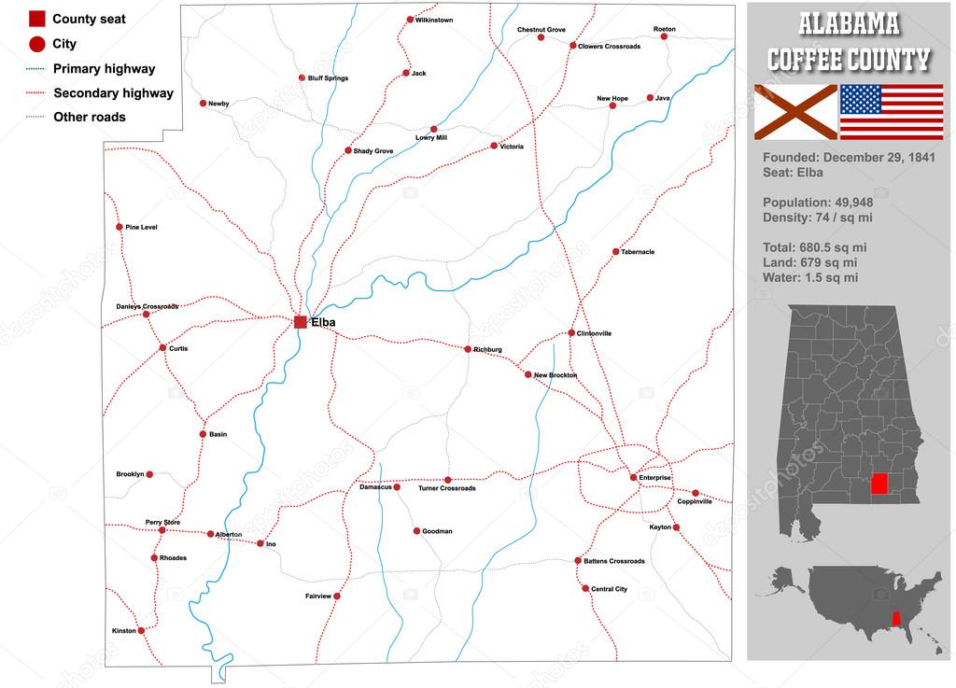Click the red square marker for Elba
point(301,322)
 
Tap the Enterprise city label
point(654,478)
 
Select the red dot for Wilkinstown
point(410,20)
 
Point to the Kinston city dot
point(141,631)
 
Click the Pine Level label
point(141,228)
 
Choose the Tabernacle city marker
point(615,252)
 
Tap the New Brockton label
point(555,375)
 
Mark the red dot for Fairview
point(337,596)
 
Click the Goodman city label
point(437,532)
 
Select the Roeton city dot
point(670,37)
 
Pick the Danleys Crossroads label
point(147,306)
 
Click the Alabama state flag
point(795,112)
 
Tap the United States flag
point(892,112)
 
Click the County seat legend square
point(37,19)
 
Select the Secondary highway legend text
point(113,93)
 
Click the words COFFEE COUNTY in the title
point(849,60)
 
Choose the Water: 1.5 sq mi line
point(810,277)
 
